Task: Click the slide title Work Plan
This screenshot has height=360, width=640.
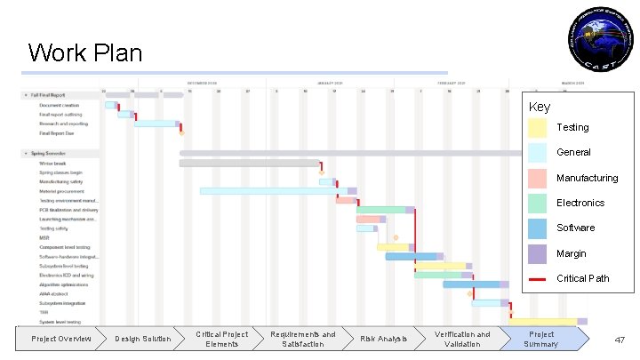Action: click(x=85, y=53)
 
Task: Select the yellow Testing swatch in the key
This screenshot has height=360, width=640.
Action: click(x=537, y=128)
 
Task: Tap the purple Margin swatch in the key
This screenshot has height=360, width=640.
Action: click(x=537, y=254)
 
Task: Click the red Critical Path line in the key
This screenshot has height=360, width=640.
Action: click(x=537, y=279)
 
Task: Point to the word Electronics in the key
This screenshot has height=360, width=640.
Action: click(x=580, y=204)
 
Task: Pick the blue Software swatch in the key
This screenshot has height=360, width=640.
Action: click(x=537, y=228)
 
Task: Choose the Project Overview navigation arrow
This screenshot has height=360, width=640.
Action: click(x=60, y=339)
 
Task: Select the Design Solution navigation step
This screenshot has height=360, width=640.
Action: click(x=143, y=339)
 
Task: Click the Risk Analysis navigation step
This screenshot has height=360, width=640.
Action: click(x=383, y=339)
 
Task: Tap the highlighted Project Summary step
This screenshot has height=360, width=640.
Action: click(x=541, y=339)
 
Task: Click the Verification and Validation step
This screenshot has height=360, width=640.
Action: click(x=461, y=339)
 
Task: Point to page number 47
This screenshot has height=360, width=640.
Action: click(x=620, y=340)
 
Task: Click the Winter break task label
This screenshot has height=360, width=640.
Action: click(x=52, y=164)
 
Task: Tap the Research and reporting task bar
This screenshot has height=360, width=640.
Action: click(x=155, y=124)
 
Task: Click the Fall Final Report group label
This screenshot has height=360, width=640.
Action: click(x=55, y=95)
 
